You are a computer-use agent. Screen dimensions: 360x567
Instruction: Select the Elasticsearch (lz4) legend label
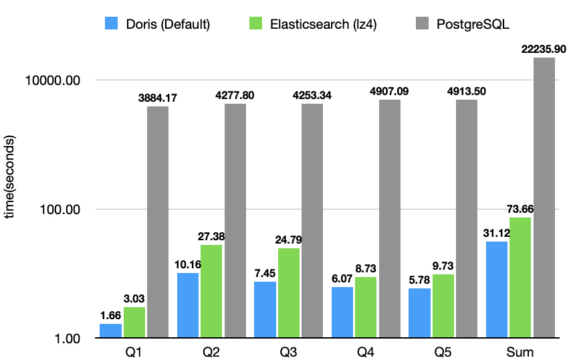point(323,25)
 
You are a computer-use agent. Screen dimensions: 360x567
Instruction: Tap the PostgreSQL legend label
point(472,25)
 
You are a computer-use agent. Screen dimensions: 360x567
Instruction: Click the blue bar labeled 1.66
point(110,331)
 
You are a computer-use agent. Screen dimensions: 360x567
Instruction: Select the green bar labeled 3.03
point(134,322)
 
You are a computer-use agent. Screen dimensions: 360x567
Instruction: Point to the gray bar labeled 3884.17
point(158,221)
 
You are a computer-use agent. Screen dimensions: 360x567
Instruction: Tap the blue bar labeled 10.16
point(188,305)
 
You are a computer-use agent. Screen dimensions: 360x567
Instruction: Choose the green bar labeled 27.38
point(211,291)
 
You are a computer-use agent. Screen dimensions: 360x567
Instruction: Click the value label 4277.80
point(235,96)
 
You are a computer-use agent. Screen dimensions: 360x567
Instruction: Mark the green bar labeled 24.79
point(289,292)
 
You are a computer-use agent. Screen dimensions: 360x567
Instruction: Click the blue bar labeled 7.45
point(265,309)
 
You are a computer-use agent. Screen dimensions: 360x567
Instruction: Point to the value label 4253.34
point(312,96)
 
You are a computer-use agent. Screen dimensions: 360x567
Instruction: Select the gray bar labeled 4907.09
point(390,218)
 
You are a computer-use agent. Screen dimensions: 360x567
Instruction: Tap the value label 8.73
point(366,268)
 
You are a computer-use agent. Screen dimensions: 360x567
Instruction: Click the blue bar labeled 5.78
point(419,312)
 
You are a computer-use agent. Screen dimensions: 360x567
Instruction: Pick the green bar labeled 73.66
point(520,277)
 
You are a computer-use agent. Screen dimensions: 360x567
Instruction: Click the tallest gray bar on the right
point(544,197)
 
